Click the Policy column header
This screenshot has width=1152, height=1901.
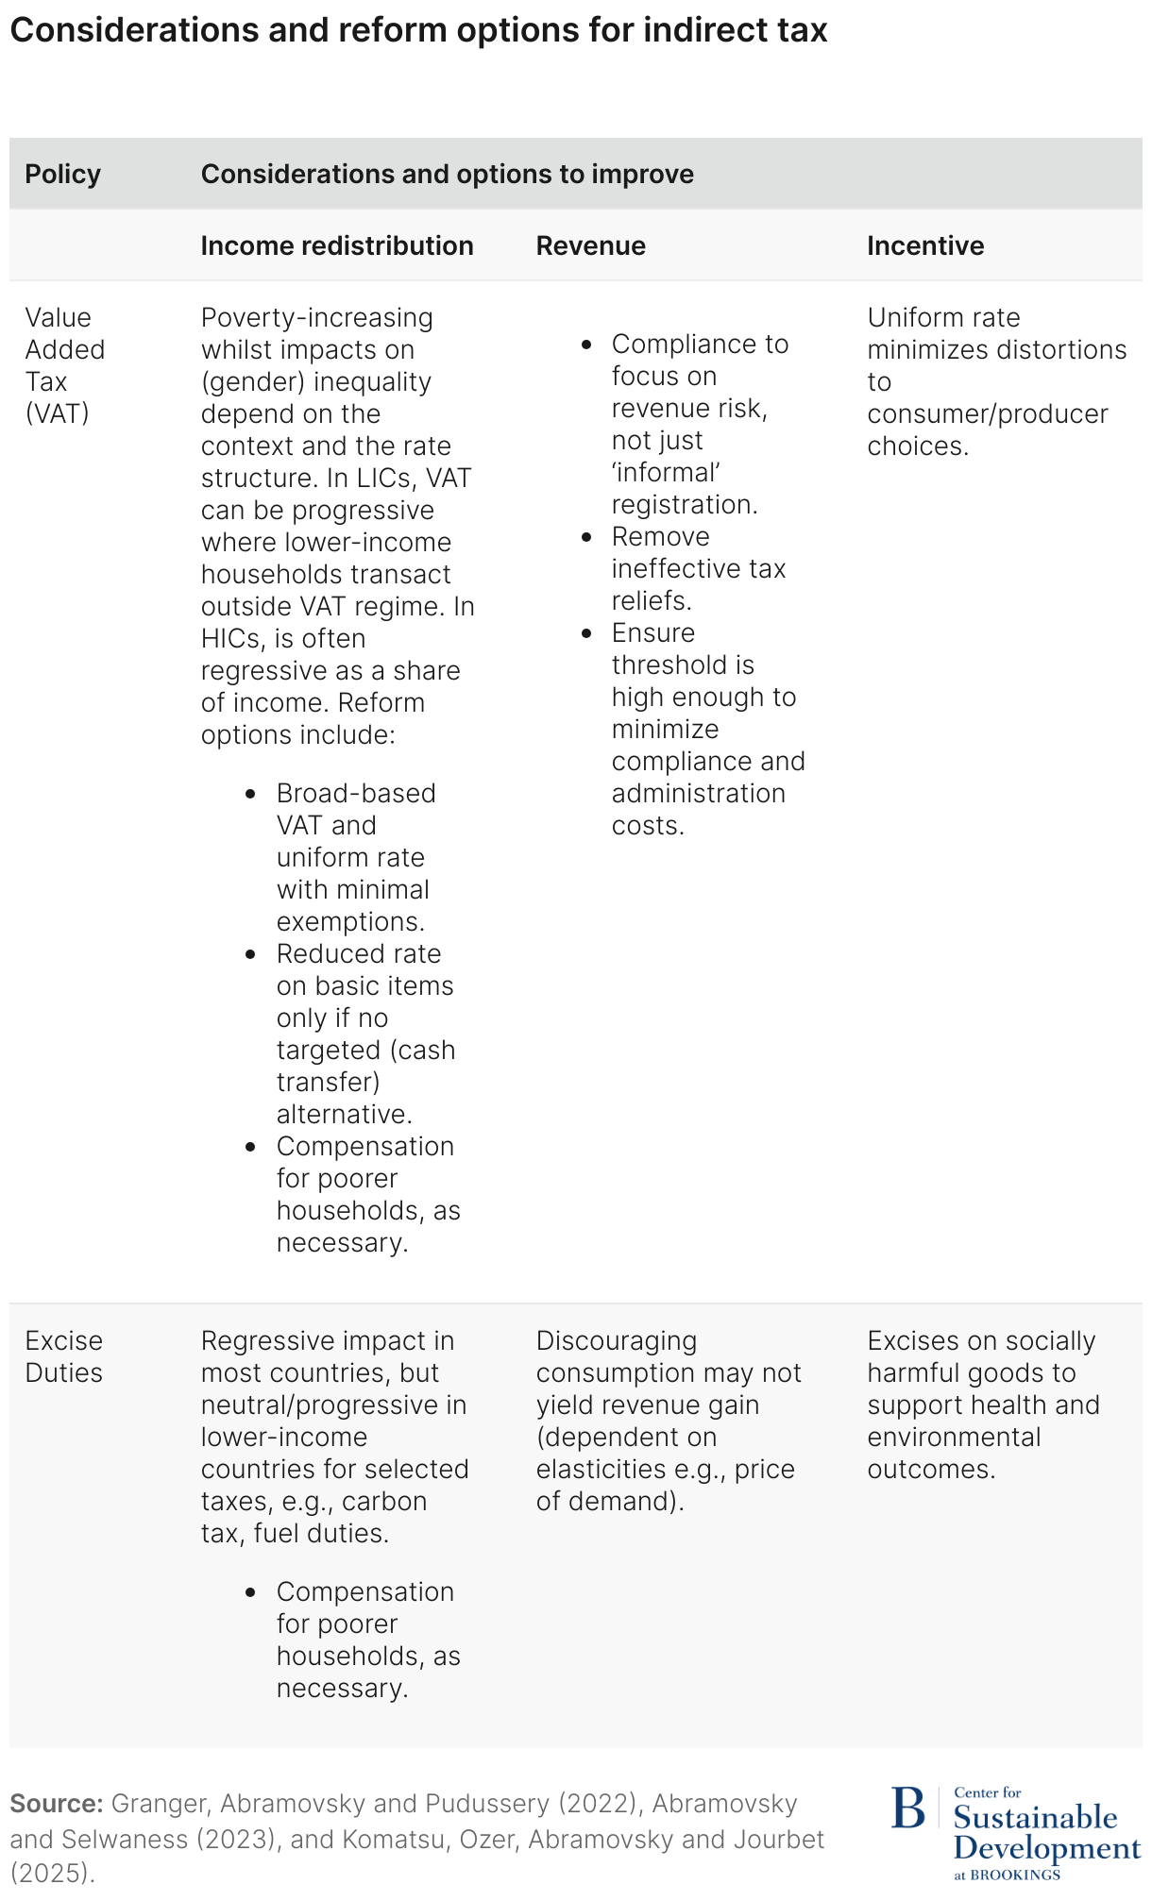(x=62, y=175)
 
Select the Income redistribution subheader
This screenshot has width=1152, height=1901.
(x=337, y=246)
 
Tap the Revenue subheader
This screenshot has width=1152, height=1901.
(x=590, y=246)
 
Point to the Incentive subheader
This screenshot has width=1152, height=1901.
(x=925, y=246)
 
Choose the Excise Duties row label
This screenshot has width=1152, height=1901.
(x=63, y=1356)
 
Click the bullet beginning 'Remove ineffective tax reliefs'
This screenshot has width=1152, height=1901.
(x=698, y=568)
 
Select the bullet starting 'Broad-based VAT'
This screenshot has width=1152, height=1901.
(x=356, y=857)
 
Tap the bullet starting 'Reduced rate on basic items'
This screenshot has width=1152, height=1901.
(x=364, y=1034)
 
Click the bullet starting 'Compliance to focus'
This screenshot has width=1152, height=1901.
(x=699, y=424)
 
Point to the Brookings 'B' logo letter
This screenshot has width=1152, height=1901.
(x=908, y=1808)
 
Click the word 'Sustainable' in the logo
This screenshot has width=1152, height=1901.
(x=1035, y=1817)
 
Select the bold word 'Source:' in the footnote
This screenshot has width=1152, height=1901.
(x=56, y=1804)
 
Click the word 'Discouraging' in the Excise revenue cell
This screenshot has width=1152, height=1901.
(x=616, y=1341)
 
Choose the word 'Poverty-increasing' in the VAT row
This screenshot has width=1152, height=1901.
(x=316, y=318)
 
